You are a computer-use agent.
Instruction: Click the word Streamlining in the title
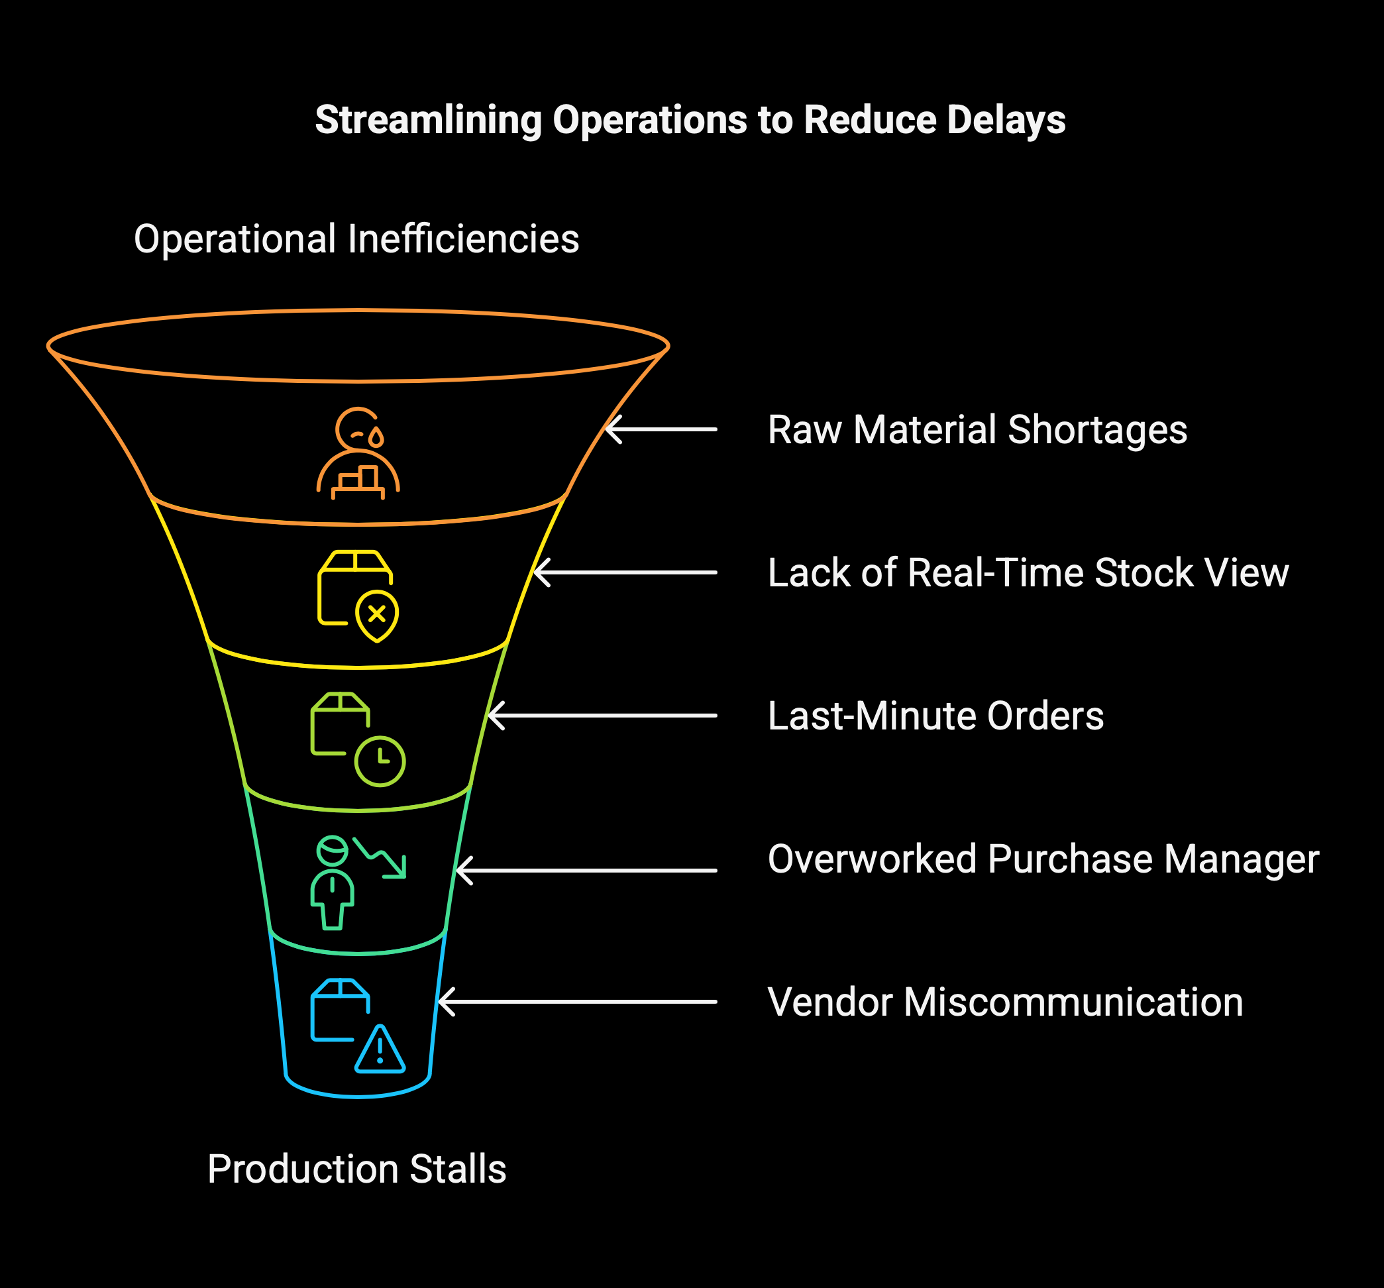428,120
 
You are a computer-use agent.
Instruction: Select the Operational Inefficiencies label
356,239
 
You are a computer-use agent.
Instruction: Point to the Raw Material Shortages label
977,429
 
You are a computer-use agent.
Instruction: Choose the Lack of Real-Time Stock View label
1028,572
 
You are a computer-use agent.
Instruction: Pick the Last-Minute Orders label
935,716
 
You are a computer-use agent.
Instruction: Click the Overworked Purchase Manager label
1043,859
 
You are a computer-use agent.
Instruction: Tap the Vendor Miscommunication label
1004,1002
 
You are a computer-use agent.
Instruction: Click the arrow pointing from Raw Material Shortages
661,429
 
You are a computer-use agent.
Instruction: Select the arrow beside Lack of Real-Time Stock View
625,572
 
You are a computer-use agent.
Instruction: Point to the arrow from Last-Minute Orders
602,716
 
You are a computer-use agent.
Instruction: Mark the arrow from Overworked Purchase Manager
586,871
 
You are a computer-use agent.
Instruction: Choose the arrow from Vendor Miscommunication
578,1002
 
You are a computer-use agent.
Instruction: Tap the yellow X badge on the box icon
376,615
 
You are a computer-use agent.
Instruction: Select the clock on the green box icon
380,761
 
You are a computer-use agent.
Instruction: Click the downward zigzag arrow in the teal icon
381,857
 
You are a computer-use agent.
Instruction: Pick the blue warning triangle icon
380,1050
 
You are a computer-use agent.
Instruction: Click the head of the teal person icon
332,850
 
